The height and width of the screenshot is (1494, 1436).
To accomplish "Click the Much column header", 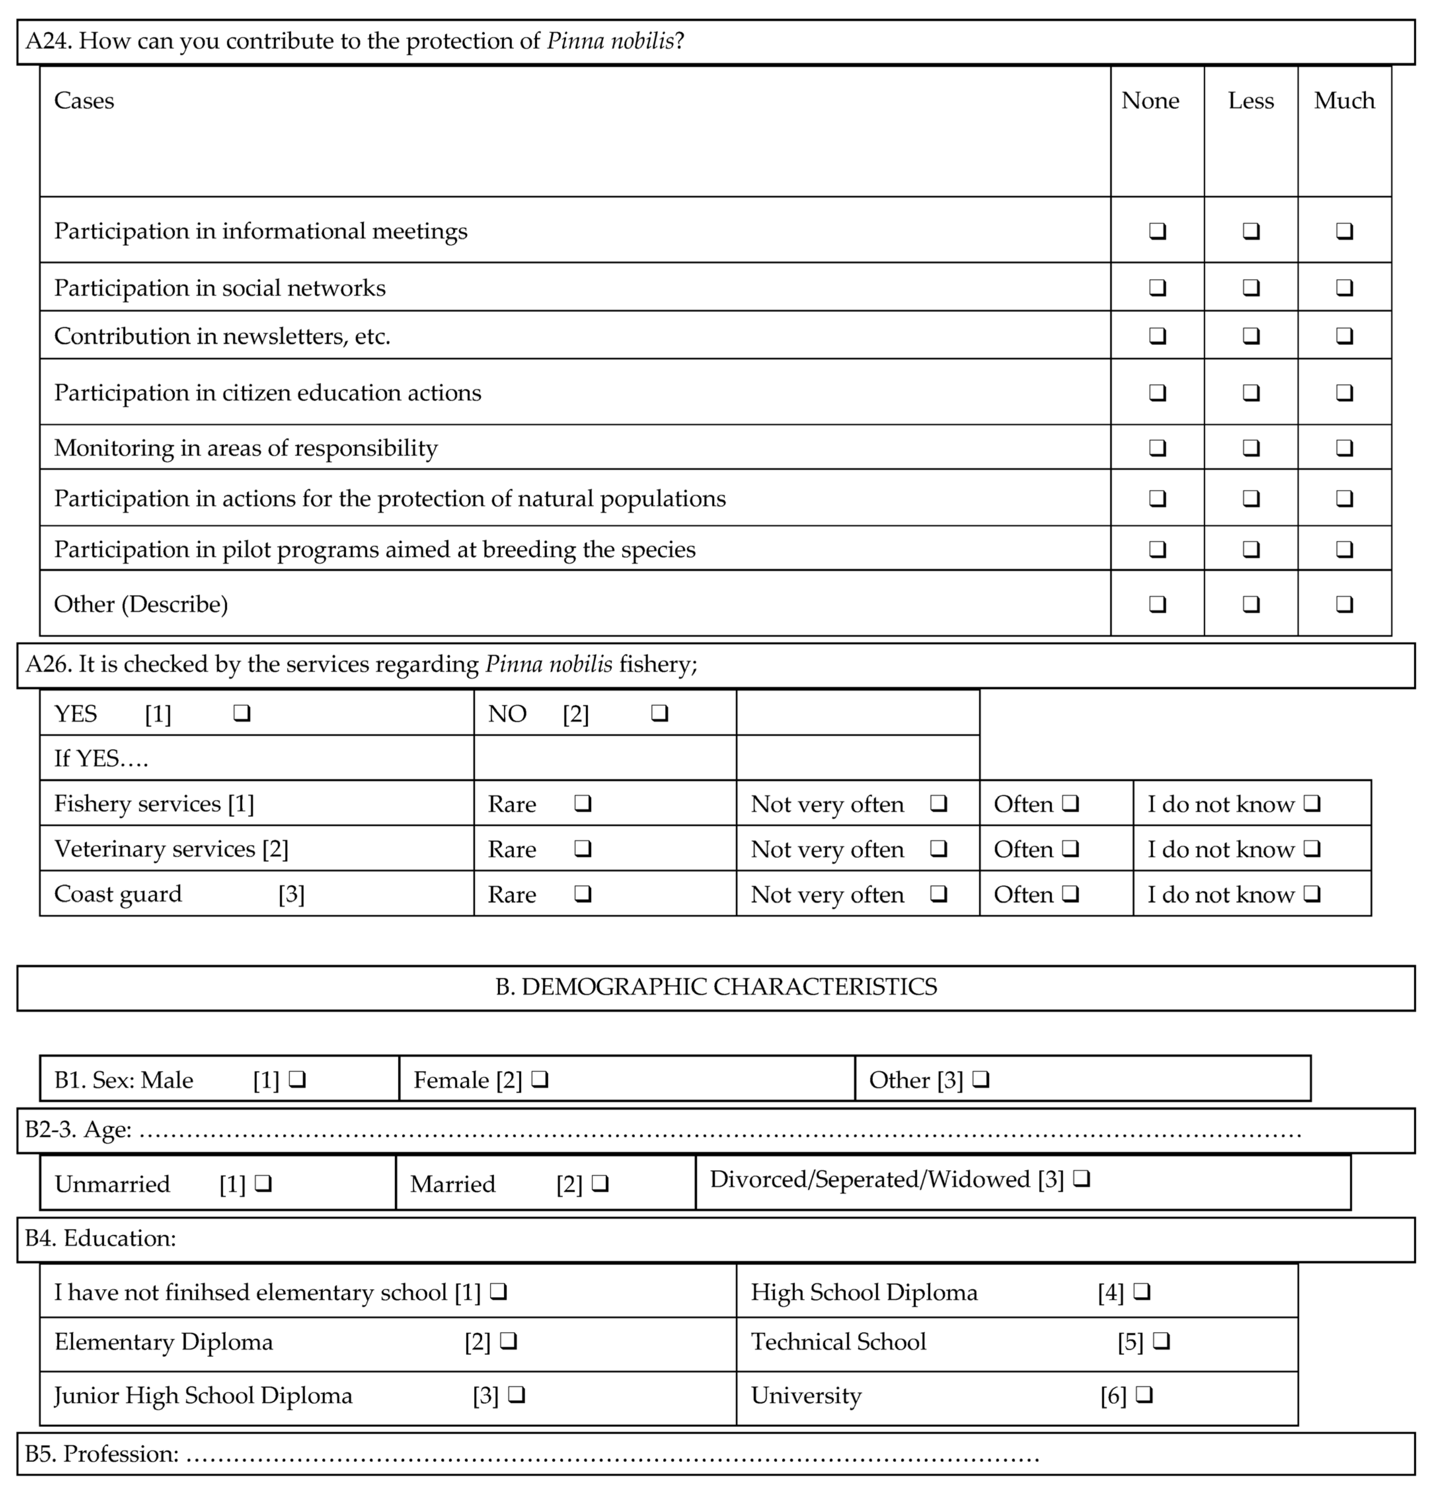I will click(1344, 100).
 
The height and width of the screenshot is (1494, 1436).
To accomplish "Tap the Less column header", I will click(1251, 100).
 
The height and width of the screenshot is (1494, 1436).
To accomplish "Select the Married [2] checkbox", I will click(600, 1184).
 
